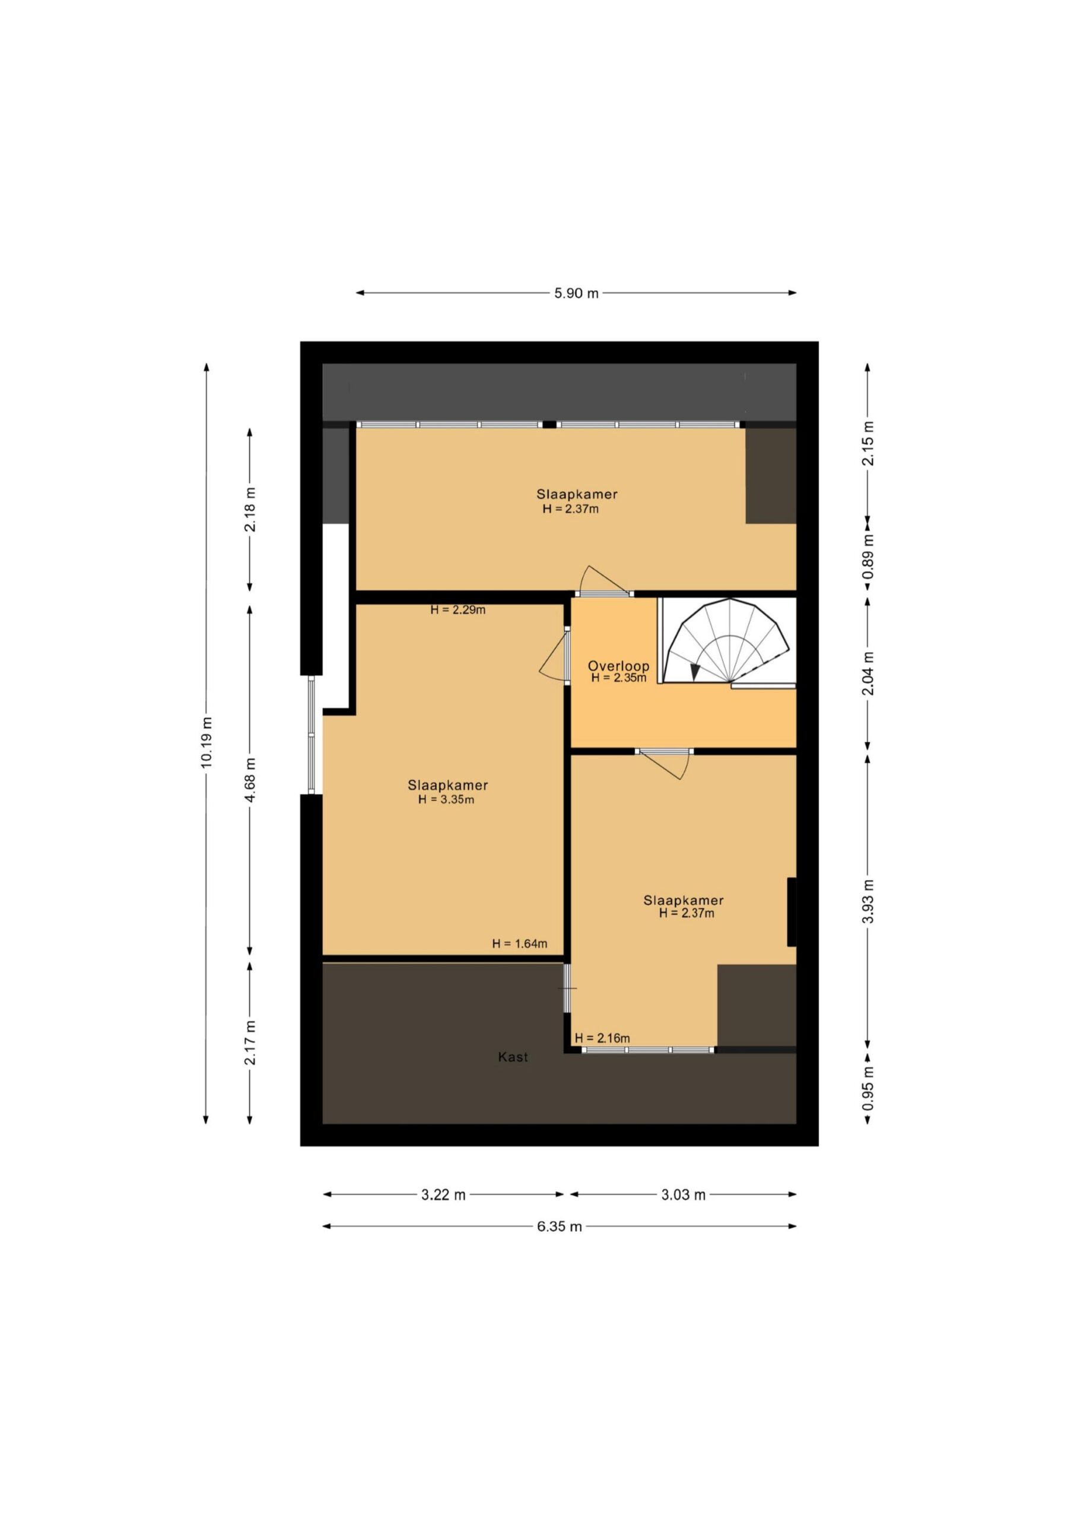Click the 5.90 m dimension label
click(x=576, y=293)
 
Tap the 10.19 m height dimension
click(x=206, y=742)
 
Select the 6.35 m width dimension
click(x=559, y=1226)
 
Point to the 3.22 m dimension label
click(x=443, y=1194)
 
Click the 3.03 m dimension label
click(x=684, y=1194)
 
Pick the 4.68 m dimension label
click(x=250, y=780)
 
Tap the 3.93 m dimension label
click(x=869, y=901)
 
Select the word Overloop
click(x=618, y=666)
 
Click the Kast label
click(x=513, y=1057)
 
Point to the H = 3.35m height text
click(x=446, y=799)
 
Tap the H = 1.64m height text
click(x=519, y=944)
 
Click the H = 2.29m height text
click(x=458, y=610)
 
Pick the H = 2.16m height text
click(x=602, y=1038)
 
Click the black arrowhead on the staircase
click(x=694, y=672)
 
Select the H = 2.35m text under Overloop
click(x=619, y=678)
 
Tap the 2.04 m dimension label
click(x=869, y=673)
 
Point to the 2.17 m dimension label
click(x=250, y=1043)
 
